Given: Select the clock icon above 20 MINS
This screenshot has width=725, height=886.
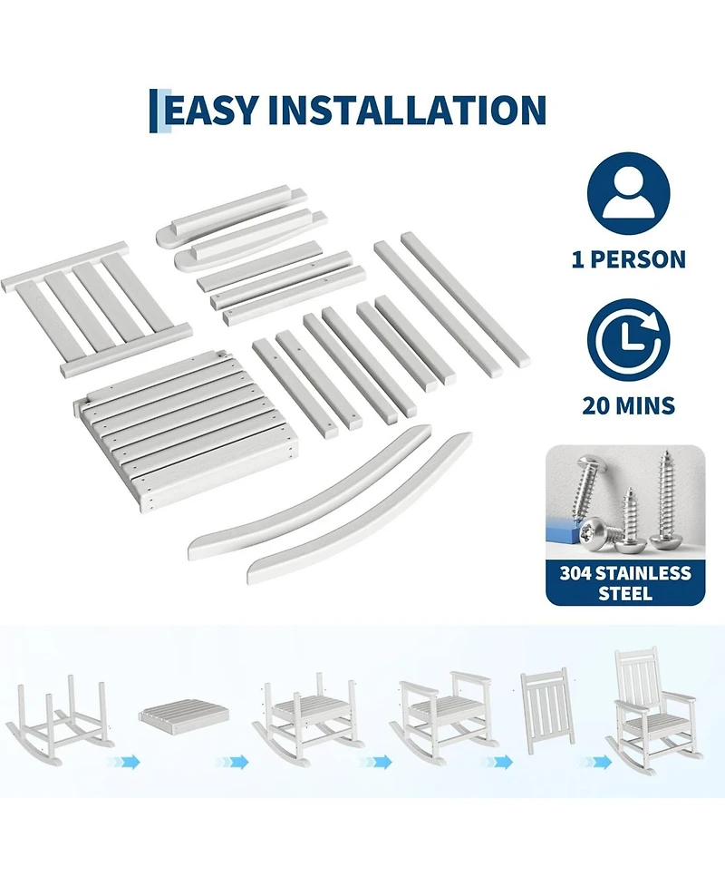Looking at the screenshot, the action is [x=628, y=339].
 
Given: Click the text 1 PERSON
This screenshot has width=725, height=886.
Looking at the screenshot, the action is [x=628, y=259].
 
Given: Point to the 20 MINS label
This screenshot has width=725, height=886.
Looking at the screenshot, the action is [x=628, y=405].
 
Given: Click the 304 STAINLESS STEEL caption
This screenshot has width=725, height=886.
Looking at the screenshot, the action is [x=625, y=582].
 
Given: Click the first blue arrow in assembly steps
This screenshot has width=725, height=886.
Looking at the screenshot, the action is [x=123, y=763].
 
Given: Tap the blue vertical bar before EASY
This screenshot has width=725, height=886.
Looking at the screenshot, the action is [x=152, y=111].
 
